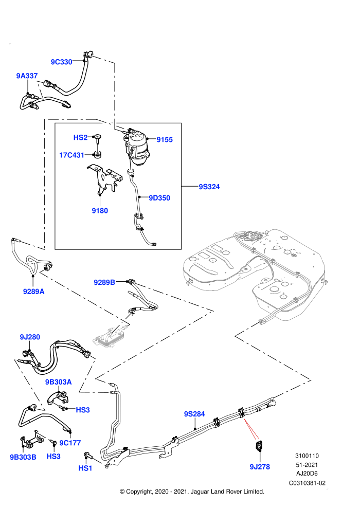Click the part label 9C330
pos(61,62)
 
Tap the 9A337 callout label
pos(27,76)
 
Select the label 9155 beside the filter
pos(165,139)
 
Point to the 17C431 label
pos(71,155)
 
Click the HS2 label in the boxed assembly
pos(81,138)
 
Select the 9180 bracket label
pos(100,211)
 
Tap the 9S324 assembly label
pos(209,187)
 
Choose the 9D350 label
pos(159,198)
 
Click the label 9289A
pos(34,292)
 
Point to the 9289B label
pos(104,282)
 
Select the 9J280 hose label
pos(30,337)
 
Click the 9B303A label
pos(59,382)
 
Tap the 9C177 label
pos(70,443)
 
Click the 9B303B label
pos(23,457)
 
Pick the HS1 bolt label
pos(85,468)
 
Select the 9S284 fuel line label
pos(194,414)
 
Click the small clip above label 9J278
pos(259,446)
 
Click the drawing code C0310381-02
pos(307,483)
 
